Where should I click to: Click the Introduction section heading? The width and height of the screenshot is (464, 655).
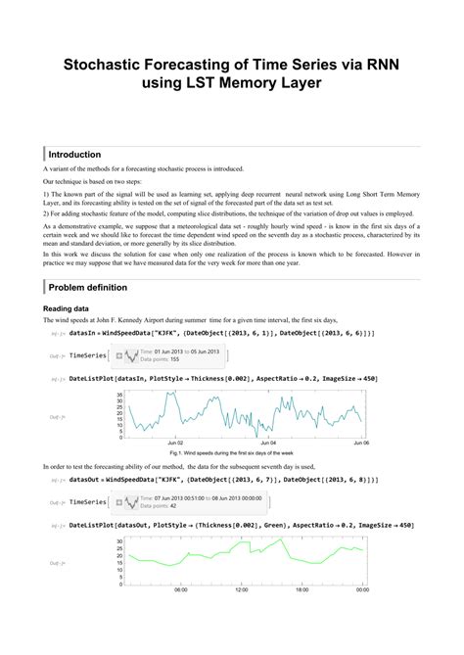[75, 155]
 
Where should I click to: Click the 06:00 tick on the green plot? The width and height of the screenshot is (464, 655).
[181, 589]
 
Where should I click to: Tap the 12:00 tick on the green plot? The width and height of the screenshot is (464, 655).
[242, 589]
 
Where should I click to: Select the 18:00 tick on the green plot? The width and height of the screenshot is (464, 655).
[302, 589]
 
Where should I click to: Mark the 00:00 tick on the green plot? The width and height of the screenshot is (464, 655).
[361, 589]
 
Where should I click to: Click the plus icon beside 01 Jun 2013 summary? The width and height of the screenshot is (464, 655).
[119, 354]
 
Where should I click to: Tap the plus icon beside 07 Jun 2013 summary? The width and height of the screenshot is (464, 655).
[119, 502]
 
